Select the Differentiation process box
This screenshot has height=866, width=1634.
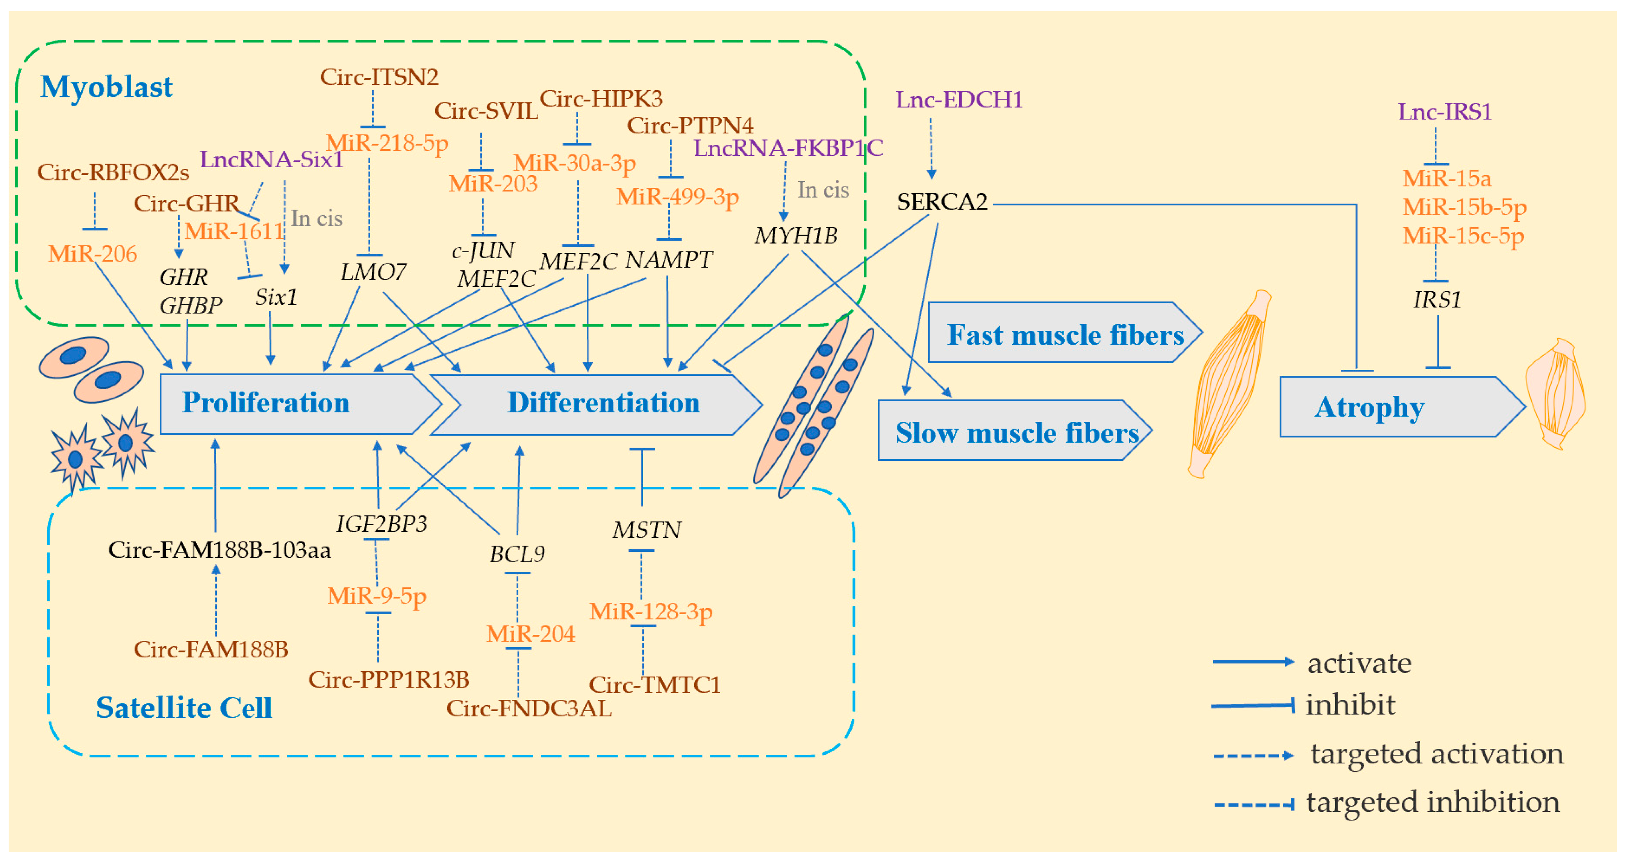603,404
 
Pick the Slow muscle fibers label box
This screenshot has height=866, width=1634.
1015,432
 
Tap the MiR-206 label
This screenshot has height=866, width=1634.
92,254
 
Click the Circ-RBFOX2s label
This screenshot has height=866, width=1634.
113,172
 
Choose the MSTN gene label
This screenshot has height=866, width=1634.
647,530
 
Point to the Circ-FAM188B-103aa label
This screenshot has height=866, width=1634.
220,550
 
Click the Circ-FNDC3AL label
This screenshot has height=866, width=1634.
529,709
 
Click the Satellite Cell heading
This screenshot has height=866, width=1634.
184,707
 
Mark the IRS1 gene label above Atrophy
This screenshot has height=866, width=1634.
1437,300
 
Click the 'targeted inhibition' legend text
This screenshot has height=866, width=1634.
1432,802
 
